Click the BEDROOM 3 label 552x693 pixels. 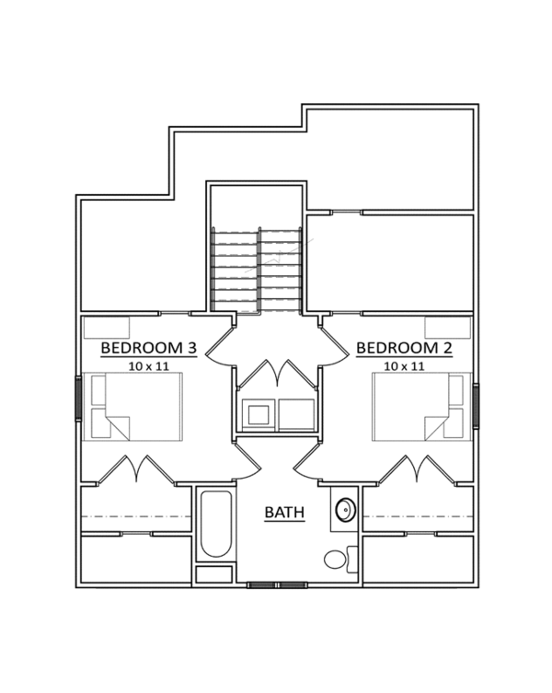coord(148,348)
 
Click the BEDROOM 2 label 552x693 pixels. coord(404,348)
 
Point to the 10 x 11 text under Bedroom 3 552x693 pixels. coord(149,365)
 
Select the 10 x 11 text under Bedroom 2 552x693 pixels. coord(404,365)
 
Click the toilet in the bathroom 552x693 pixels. coord(339,558)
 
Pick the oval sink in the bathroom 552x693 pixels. coord(345,510)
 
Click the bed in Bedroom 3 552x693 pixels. coord(133,406)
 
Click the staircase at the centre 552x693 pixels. coord(257,270)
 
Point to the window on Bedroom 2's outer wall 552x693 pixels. coord(476,405)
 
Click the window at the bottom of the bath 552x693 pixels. coord(277,584)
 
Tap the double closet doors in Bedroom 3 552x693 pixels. coord(136,469)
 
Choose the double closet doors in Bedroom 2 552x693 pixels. coord(416,469)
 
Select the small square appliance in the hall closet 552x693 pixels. coord(259,415)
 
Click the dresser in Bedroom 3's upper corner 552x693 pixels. coord(106,328)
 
